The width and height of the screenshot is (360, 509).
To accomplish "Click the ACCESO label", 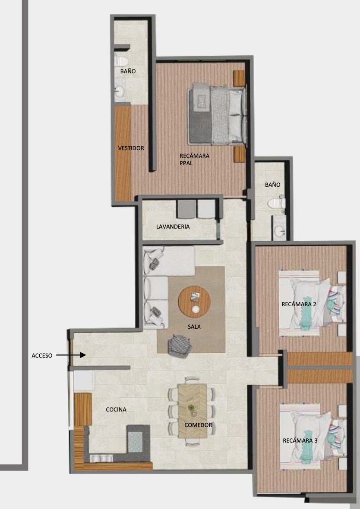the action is coord(42,355).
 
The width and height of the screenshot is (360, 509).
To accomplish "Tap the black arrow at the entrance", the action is coord(71,355).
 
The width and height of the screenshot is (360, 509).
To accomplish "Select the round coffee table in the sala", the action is coord(194,302).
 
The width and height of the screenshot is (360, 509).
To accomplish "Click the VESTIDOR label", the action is coord(131,148).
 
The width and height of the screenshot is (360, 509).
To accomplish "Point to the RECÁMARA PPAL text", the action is coord(194,160).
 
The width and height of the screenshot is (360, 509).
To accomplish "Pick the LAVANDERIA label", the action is coord(173,226).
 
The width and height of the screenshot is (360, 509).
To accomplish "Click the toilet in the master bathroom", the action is coord(121,61).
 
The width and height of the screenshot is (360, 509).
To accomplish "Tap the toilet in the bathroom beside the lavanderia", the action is coord(277,203).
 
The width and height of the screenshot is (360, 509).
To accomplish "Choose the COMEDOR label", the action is coord(198,425).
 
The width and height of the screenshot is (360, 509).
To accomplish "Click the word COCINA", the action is coord(116,409).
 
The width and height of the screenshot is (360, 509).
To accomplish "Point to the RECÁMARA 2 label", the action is coord(299,304).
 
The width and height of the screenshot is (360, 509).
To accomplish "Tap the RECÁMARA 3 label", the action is coord(300,440).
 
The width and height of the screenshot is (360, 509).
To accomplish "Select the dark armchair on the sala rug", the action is coord(179,346).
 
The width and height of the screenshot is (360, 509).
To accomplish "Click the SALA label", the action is coord(194,327).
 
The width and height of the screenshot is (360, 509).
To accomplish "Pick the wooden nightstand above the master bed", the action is coord(239,78).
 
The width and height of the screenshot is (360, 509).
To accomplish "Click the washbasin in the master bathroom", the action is coord(120,91).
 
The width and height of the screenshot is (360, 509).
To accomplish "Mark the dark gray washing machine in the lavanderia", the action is coord(186,209).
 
